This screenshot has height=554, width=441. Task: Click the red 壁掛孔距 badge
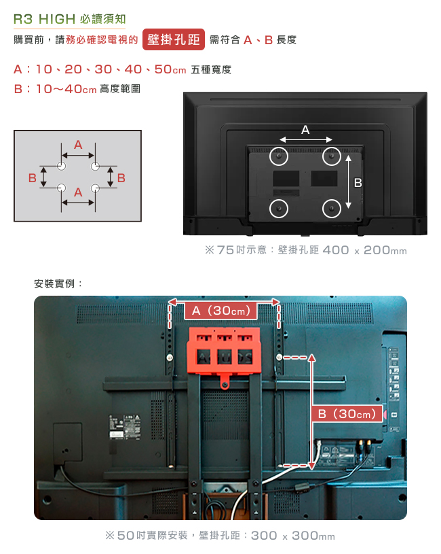coord(174,39)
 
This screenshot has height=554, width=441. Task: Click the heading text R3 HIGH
coord(44,19)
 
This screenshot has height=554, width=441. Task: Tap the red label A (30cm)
coord(220,311)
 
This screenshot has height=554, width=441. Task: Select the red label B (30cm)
coord(347,414)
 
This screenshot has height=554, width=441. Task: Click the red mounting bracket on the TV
coord(224,353)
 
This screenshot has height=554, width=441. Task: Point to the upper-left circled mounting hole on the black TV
coord(279,156)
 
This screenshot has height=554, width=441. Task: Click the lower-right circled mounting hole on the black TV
coord(332,209)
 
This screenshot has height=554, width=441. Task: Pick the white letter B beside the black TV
coord(358,183)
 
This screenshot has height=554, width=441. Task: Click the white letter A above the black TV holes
coord(305,130)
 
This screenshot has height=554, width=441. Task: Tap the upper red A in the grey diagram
coord(78,145)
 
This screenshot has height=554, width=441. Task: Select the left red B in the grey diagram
coord(33,177)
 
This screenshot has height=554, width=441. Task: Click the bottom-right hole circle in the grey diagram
coord(95,188)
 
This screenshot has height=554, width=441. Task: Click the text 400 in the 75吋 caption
coord(336,250)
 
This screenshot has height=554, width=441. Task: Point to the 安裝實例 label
coord(54,283)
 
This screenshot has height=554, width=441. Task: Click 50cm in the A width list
coord(170,69)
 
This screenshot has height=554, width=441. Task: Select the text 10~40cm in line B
coord(66,88)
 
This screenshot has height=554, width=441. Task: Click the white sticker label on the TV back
coord(124,428)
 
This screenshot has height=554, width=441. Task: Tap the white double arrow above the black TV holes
coord(305,139)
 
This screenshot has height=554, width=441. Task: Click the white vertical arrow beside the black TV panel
coord(348,182)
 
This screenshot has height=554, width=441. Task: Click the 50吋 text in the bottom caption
coord(131,536)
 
